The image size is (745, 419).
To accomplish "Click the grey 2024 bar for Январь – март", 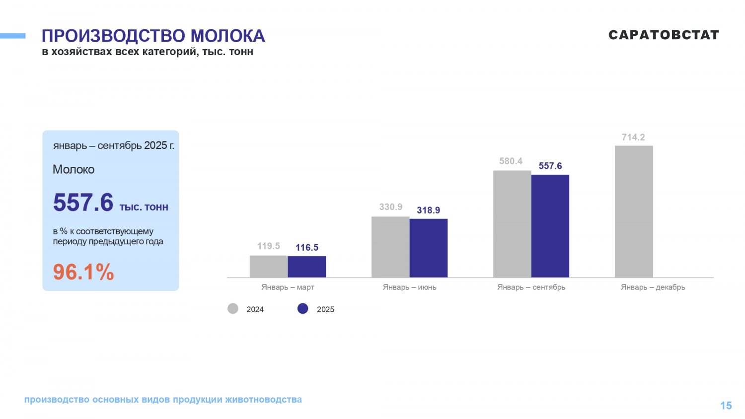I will [x=269, y=267].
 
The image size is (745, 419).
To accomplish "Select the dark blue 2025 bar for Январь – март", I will [x=307, y=267].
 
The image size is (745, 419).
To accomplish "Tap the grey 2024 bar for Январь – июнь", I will [x=390, y=247].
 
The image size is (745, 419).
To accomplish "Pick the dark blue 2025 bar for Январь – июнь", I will [x=429, y=248].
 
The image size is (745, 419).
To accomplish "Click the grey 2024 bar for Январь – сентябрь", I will [x=512, y=224].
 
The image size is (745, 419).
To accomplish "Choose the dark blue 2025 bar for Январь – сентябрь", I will [x=550, y=226].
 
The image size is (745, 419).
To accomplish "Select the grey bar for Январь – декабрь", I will [x=634, y=211].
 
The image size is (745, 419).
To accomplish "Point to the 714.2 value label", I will [x=633, y=138].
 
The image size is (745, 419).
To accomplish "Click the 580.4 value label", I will [x=511, y=161].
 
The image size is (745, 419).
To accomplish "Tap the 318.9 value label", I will [x=429, y=210].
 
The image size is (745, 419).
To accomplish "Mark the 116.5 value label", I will [x=307, y=248].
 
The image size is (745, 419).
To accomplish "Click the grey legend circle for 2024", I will [x=233, y=309].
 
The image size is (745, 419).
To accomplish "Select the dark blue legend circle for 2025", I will [x=303, y=309].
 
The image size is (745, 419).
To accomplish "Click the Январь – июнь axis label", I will [x=410, y=287].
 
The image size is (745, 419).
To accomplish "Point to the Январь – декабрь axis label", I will [x=653, y=287].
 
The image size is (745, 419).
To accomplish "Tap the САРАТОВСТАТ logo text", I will [x=664, y=35].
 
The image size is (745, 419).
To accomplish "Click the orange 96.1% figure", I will [x=83, y=272].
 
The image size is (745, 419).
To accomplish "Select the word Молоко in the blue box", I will [x=74, y=170].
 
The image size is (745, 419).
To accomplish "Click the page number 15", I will [x=726, y=406].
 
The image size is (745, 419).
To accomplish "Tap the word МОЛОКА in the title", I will [x=227, y=36].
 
